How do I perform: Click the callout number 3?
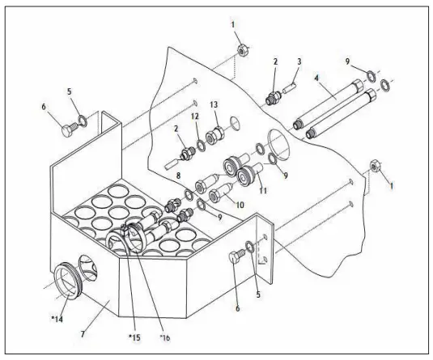point(299,61)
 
